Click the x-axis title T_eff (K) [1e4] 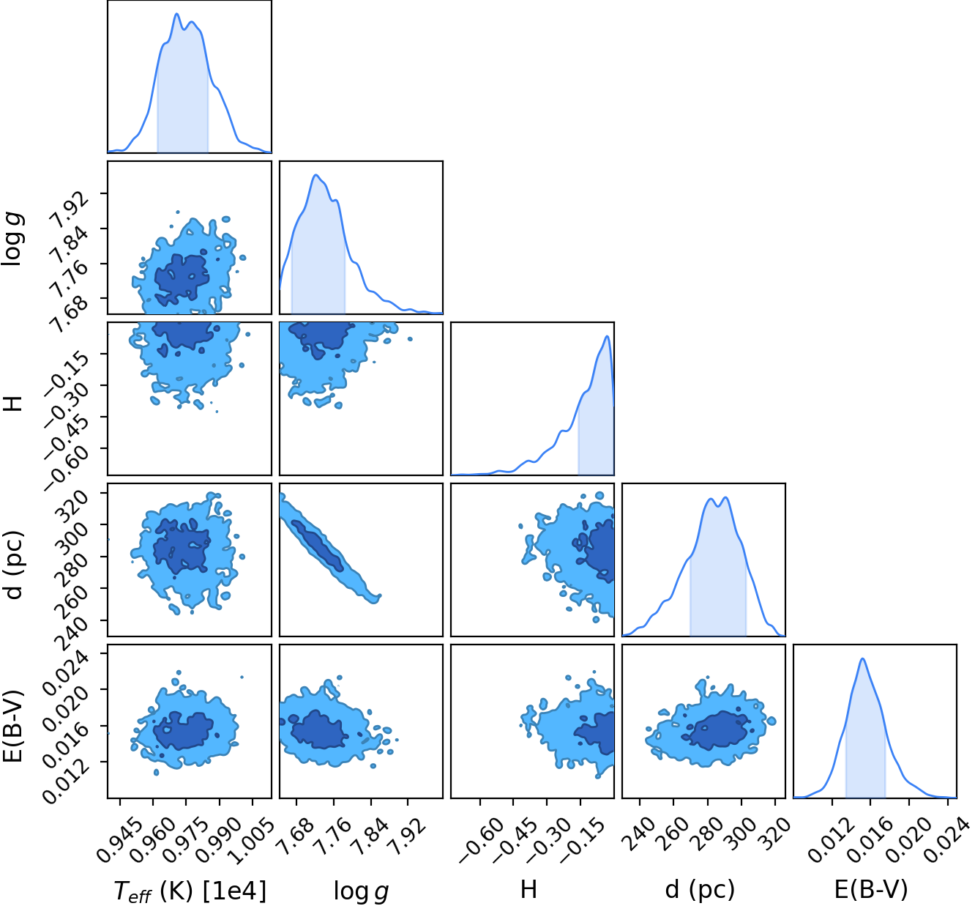[190, 891]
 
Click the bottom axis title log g [361, 891]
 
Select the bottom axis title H [528, 889]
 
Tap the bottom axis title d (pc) [700, 889]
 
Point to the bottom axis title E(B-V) [870, 889]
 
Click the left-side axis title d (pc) [15, 565]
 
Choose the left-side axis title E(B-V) [15, 726]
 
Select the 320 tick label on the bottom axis [774, 831]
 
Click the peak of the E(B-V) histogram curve [862, 658]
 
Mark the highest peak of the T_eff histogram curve [176, 14]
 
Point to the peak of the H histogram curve [608, 336]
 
